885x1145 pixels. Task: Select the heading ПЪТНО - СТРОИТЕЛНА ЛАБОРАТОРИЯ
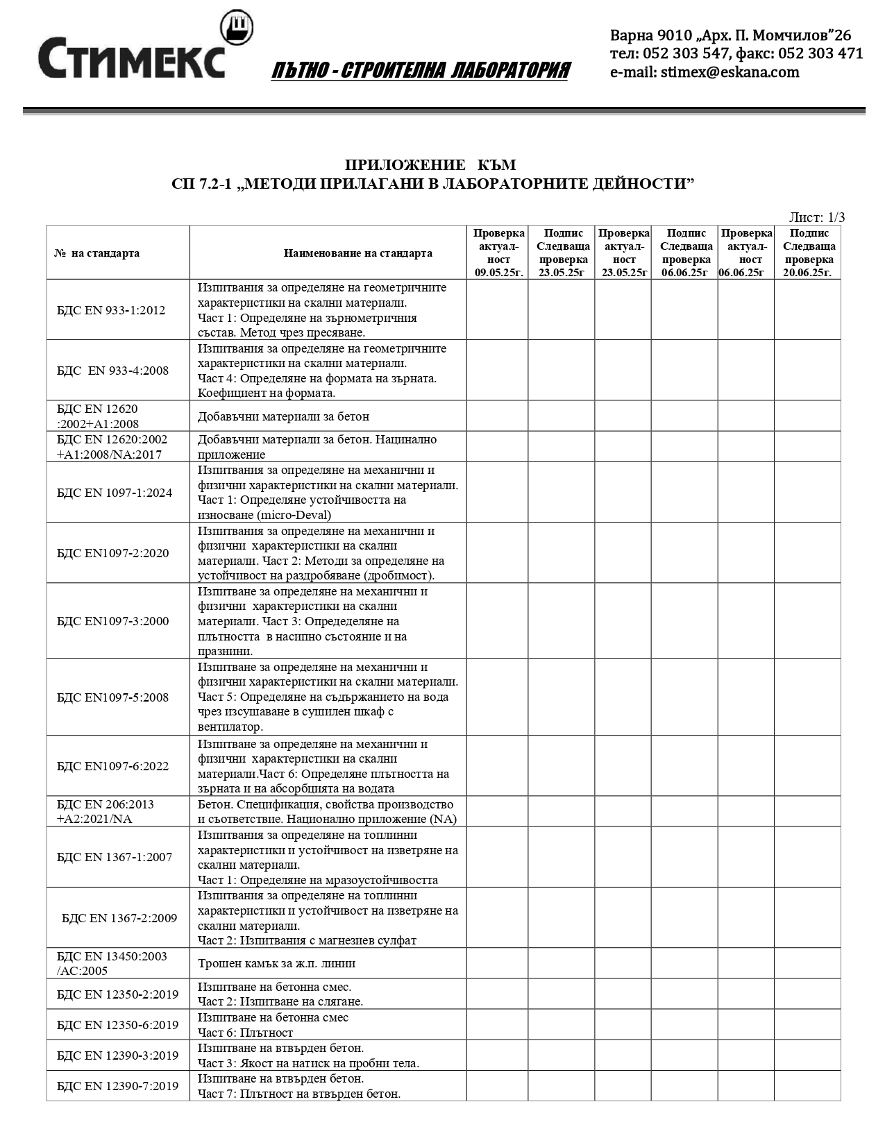421,71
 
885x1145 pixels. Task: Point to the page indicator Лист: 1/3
817,217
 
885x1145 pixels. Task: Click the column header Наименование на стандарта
357,253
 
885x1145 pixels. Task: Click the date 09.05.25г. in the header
498,273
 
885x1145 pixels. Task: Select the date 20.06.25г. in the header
807,273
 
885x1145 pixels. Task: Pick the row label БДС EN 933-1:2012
111,310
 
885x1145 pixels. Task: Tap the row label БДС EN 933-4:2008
112,371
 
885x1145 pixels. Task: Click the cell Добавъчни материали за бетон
283,416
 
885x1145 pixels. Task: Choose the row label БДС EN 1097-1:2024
115,493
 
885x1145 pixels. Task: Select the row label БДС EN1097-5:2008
112,697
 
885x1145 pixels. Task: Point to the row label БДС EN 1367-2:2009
119,918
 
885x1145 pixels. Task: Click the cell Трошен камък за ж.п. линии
276,963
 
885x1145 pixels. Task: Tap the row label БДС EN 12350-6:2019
117,1025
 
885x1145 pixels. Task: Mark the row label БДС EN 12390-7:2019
117,1086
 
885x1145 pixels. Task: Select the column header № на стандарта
96,253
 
